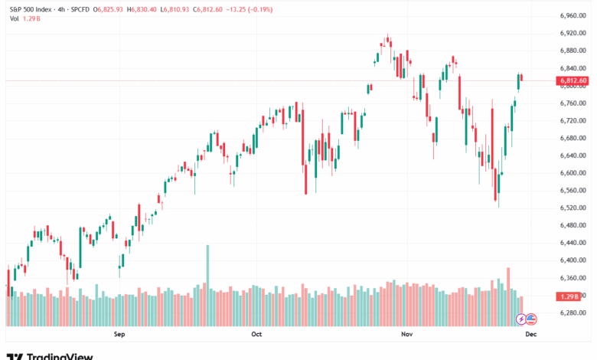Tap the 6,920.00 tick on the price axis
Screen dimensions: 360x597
[x=573, y=33]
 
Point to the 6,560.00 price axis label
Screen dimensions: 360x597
[x=573, y=191]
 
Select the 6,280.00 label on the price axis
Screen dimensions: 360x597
[x=573, y=313]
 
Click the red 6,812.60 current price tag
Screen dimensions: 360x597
[x=573, y=80]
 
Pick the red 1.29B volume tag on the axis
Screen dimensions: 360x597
[x=569, y=296]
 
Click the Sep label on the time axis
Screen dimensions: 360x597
[x=119, y=334]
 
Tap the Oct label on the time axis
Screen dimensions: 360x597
[x=256, y=334]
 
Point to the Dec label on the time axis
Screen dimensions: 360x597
[x=530, y=334]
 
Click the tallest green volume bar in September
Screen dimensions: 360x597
[x=207, y=276]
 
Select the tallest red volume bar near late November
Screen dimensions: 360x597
[x=507, y=286]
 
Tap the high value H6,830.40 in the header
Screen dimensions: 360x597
[x=141, y=9]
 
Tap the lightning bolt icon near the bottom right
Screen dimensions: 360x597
[x=521, y=318]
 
